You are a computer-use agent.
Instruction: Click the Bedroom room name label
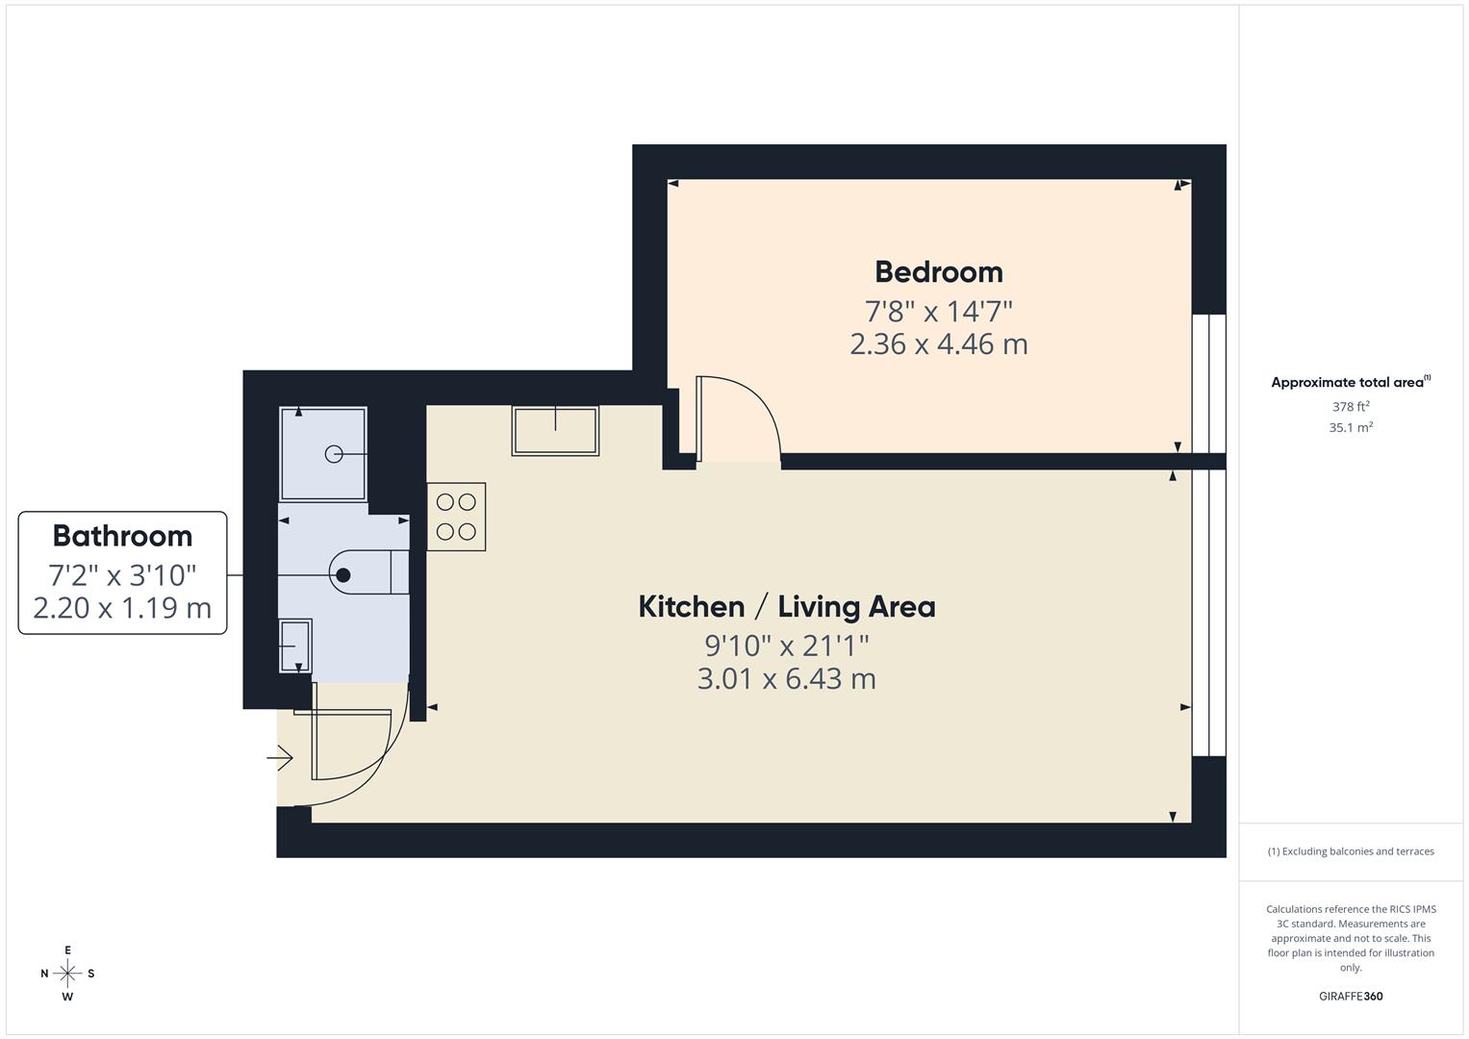pyautogui.click(x=938, y=272)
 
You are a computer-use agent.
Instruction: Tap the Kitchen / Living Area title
pyautogui.click(x=786, y=607)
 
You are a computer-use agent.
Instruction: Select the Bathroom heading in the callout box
pyautogui.click(x=122, y=536)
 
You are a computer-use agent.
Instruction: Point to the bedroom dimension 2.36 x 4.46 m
pyautogui.click(x=938, y=344)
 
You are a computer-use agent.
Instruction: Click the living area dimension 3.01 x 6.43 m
pyautogui.click(x=786, y=679)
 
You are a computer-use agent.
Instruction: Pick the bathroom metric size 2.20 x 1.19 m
pyautogui.click(x=122, y=608)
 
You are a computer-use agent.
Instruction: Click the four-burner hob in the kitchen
pyautogui.click(x=456, y=517)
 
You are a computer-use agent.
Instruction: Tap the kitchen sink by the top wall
pyautogui.click(x=555, y=430)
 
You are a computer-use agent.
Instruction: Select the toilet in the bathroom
pyautogui.click(x=366, y=574)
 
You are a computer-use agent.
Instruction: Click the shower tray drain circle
pyautogui.click(x=334, y=454)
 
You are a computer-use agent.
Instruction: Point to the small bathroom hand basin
pyautogui.click(x=295, y=646)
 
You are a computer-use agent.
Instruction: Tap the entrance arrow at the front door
pyautogui.click(x=280, y=759)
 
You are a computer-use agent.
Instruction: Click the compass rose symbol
pyautogui.click(x=67, y=974)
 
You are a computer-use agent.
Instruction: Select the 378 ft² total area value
pyautogui.click(x=1351, y=407)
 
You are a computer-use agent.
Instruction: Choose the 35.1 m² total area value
pyautogui.click(x=1351, y=428)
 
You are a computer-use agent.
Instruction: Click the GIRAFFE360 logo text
pyautogui.click(x=1351, y=997)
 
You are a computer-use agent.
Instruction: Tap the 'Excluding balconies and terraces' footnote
pyautogui.click(x=1351, y=851)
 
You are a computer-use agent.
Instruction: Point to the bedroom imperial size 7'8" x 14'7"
pyautogui.click(x=938, y=311)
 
